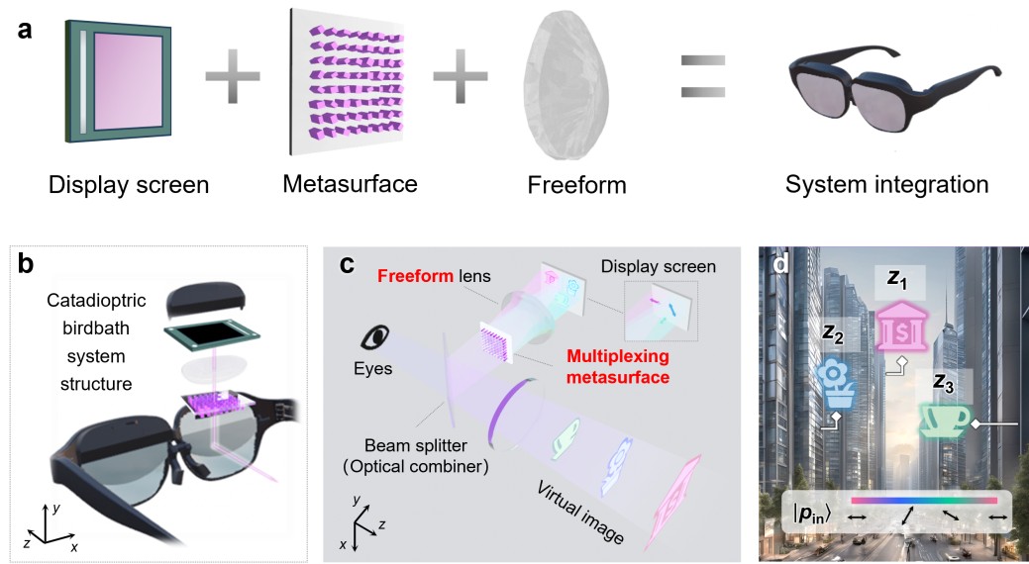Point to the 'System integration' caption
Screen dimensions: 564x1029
click(886, 184)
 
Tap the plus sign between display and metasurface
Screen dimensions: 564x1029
click(235, 75)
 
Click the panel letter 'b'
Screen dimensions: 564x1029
click(27, 266)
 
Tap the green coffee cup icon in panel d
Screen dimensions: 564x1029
click(944, 421)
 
